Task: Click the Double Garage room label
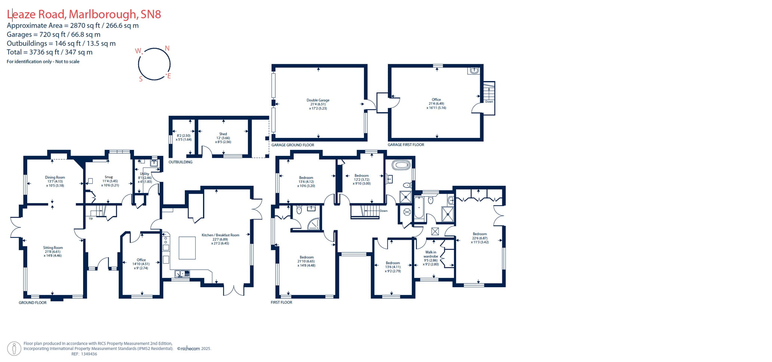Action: pyautogui.click(x=318, y=100)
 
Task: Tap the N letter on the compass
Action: pyautogui.click(x=167, y=48)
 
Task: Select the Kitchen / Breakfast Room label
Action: pyautogui.click(x=220, y=235)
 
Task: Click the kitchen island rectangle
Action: pyautogui.click(x=187, y=248)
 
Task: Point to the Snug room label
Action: pyautogui.click(x=108, y=177)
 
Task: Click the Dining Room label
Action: pyautogui.click(x=55, y=178)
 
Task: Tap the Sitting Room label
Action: pyautogui.click(x=53, y=248)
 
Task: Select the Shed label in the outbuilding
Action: pyautogui.click(x=223, y=134)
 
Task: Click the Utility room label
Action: pyautogui.click(x=144, y=174)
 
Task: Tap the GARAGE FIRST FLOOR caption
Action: pyautogui.click(x=406, y=145)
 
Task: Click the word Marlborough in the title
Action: pyautogui.click(x=103, y=14)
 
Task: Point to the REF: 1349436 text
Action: pyautogui.click(x=84, y=354)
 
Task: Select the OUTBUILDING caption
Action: pyautogui.click(x=180, y=162)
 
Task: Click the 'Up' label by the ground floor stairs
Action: pyautogui.click(x=91, y=218)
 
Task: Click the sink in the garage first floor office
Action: pyautogui.click(x=474, y=70)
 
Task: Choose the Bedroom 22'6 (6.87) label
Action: pyautogui.click(x=480, y=234)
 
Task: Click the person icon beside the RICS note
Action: pyautogui.click(x=14, y=349)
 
